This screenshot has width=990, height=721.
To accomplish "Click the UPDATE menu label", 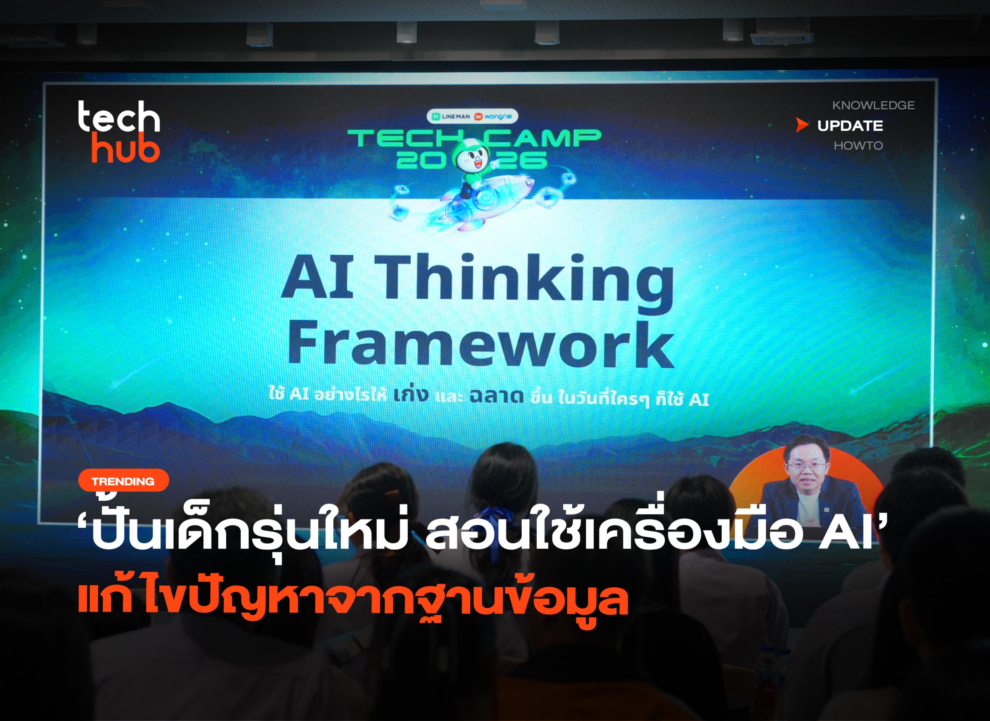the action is coord(850,126).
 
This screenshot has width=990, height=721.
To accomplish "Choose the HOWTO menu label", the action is coord(858,145).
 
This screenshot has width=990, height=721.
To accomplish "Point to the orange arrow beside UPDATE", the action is coord(802,125).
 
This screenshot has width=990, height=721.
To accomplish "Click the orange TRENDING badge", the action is coord(123,481).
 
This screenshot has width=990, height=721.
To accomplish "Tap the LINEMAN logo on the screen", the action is coord(451,116).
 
